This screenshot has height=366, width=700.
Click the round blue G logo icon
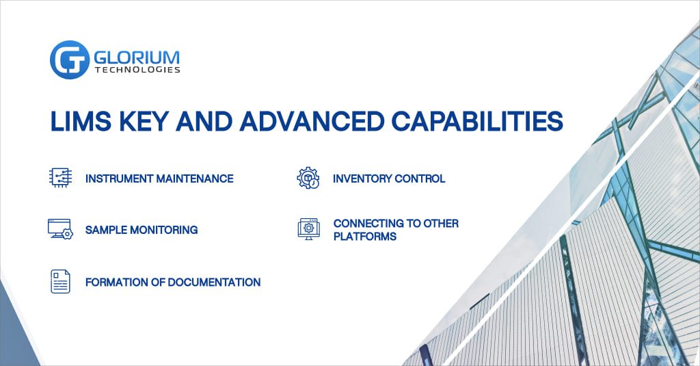(70, 60)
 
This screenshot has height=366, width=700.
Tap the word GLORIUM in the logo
(137, 57)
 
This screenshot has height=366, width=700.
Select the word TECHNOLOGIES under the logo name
(137, 70)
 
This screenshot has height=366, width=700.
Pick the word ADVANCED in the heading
(312, 120)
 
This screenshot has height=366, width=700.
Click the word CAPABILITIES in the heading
(477, 120)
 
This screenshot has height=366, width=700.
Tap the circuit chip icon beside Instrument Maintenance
(60, 177)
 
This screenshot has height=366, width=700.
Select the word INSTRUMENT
(119, 179)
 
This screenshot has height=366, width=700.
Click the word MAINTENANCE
(195, 179)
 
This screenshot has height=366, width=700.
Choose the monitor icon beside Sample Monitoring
(60, 229)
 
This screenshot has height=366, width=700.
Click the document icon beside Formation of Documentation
(60, 281)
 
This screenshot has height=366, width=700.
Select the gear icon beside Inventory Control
(308, 178)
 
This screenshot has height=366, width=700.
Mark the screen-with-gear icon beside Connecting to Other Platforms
(309, 229)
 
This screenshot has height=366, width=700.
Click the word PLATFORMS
(365, 237)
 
